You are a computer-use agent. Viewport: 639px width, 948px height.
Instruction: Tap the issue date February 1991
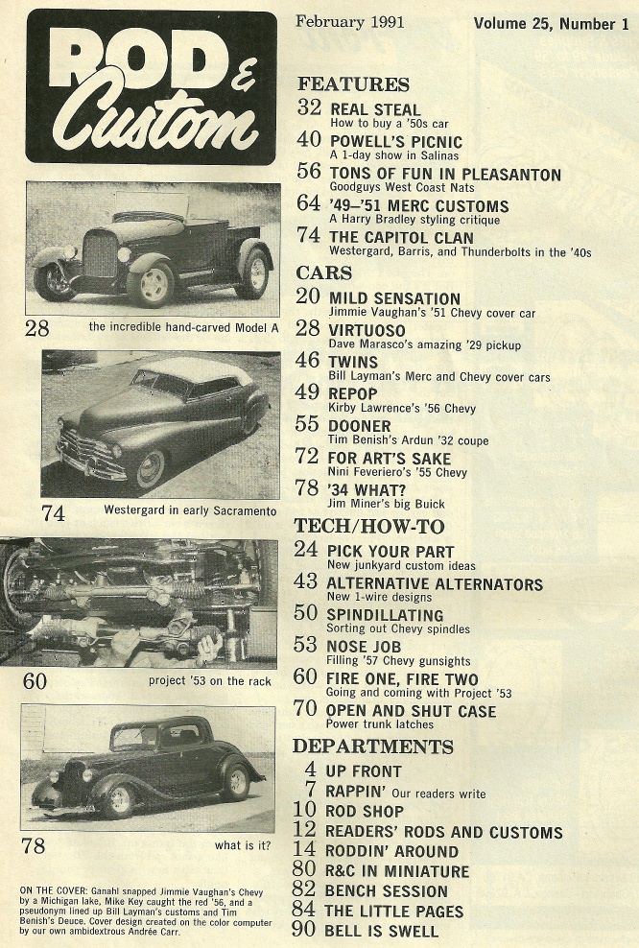350,21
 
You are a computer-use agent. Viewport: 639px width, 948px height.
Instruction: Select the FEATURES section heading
353,83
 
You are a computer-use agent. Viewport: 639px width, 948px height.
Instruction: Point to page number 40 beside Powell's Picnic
308,139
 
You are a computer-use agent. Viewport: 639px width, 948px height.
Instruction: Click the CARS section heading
325,273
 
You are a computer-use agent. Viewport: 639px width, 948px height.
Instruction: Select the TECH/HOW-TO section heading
368,526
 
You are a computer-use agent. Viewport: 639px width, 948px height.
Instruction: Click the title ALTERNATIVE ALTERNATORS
435,583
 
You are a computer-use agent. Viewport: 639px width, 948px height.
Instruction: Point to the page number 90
304,930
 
